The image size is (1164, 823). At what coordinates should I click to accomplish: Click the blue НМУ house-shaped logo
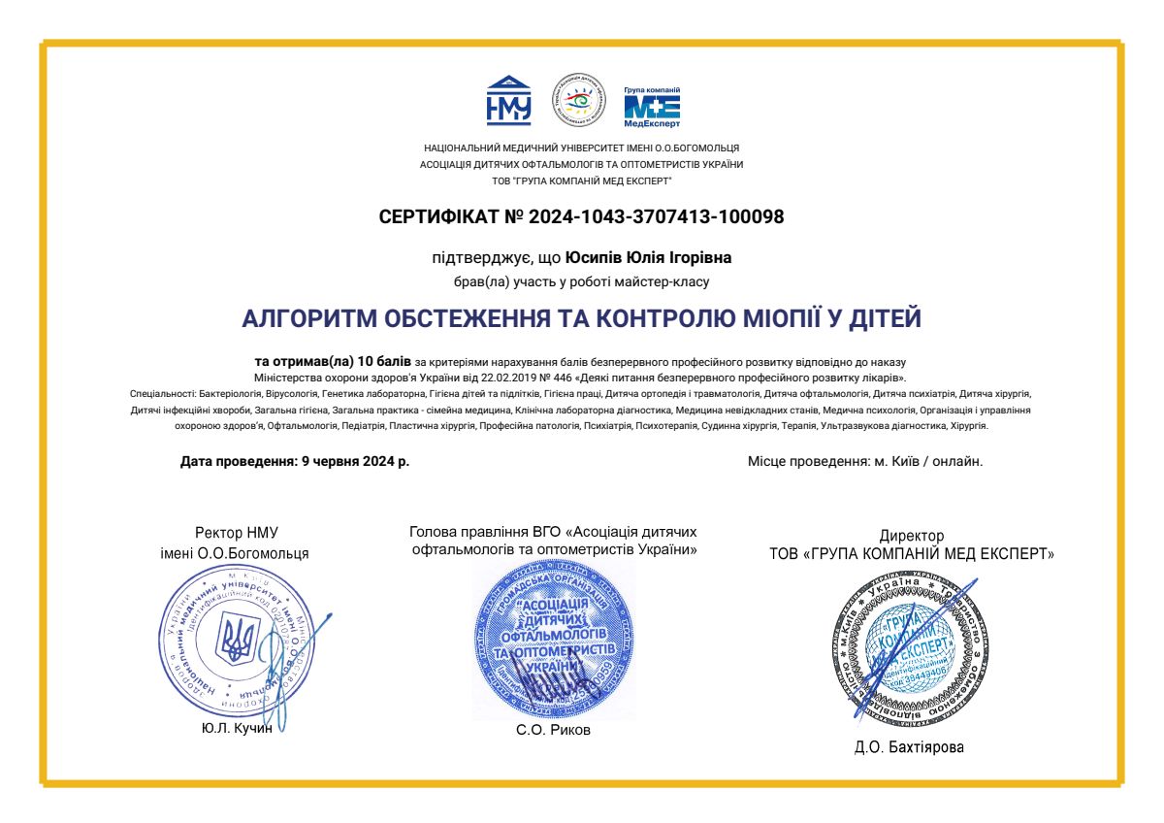(x=508, y=99)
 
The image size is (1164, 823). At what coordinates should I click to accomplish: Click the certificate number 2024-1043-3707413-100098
(x=657, y=216)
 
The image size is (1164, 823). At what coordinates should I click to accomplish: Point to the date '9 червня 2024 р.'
(x=351, y=462)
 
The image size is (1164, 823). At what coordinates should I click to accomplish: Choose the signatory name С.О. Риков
(x=553, y=730)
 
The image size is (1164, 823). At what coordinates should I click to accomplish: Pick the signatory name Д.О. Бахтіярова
(x=911, y=747)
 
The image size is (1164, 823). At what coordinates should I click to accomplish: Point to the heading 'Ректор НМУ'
(x=236, y=533)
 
